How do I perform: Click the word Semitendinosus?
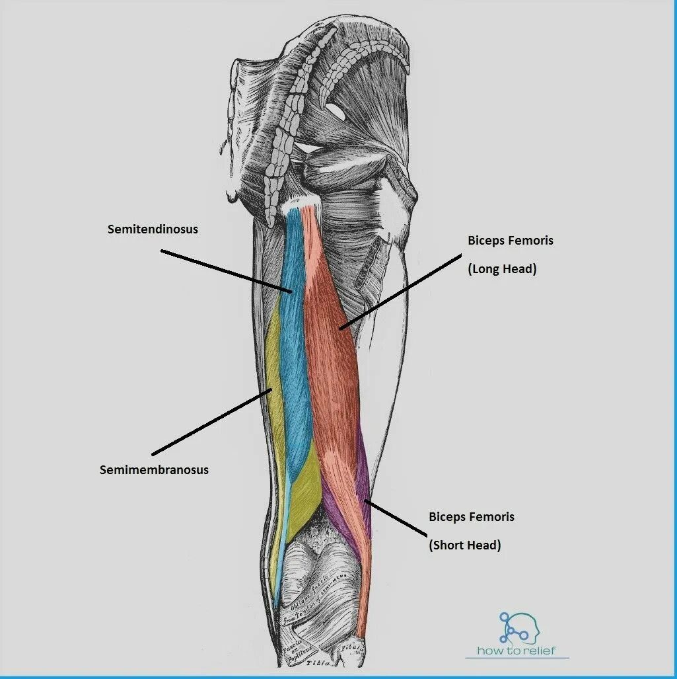(153, 229)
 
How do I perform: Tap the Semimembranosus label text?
(154, 470)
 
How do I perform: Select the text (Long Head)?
(501, 269)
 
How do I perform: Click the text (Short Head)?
(465, 545)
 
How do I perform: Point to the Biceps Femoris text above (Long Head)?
(510, 241)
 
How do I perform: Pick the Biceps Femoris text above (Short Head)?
(471, 517)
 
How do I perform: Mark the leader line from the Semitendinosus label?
(225, 271)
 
